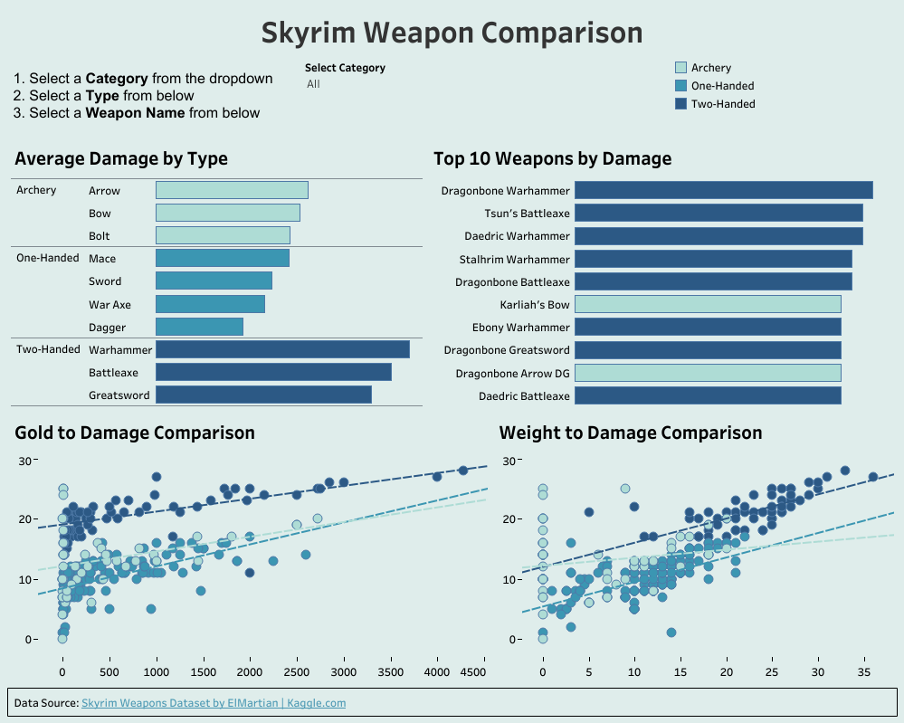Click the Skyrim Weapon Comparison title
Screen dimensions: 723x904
pyautogui.click(x=452, y=33)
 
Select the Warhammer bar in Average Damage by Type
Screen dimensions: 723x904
pyautogui.click(x=282, y=349)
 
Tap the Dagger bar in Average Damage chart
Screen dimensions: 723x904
pyautogui.click(x=199, y=327)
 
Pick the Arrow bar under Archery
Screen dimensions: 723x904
pyautogui.click(x=232, y=190)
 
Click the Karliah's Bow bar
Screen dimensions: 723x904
pyautogui.click(x=708, y=304)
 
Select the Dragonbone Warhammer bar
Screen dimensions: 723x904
pyautogui.click(x=723, y=190)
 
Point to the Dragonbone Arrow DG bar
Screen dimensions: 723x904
pyautogui.click(x=708, y=373)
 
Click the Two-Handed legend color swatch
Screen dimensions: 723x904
pyautogui.click(x=681, y=104)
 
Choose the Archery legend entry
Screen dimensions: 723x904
pyautogui.click(x=710, y=68)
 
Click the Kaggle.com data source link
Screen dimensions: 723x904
pyautogui.click(x=214, y=703)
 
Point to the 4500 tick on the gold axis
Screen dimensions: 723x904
pyautogui.click(x=472, y=673)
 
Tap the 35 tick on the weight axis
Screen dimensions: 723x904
pyautogui.click(x=864, y=673)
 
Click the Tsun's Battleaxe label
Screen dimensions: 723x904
pyautogui.click(x=527, y=214)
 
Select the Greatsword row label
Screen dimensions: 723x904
pyautogui.click(x=119, y=395)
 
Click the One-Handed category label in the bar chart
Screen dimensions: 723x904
pyautogui.click(x=48, y=258)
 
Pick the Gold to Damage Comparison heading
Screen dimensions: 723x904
pyautogui.click(x=135, y=433)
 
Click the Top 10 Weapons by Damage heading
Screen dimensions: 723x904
pyautogui.click(x=552, y=159)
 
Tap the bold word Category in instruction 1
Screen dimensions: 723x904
pyautogui.click(x=118, y=79)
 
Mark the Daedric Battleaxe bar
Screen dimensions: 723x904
pyautogui.click(x=708, y=395)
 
